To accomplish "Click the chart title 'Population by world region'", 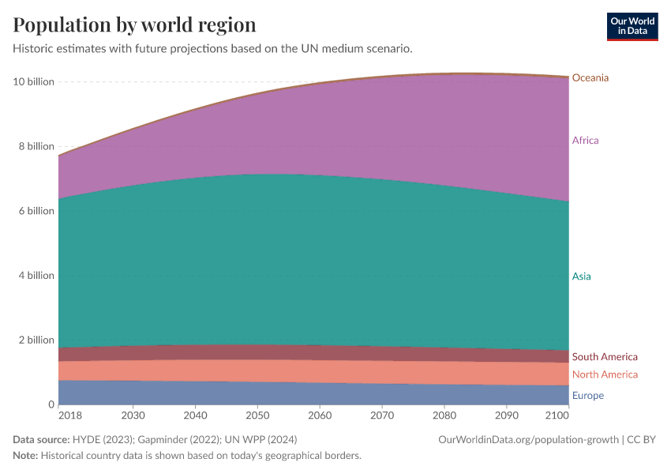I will point(134,24).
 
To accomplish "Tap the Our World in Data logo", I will point(632,26).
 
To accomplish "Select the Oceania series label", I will point(590,78).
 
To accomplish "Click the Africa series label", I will point(585,141).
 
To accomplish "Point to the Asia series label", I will point(581,276).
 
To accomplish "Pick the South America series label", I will point(605,357).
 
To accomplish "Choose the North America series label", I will point(605,374).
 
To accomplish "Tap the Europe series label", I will point(588,396).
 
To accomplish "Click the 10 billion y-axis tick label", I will point(34,81).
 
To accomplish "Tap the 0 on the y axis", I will point(51,404).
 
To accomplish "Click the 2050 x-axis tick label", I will point(257,416).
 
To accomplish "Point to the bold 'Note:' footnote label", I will point(25,455).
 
